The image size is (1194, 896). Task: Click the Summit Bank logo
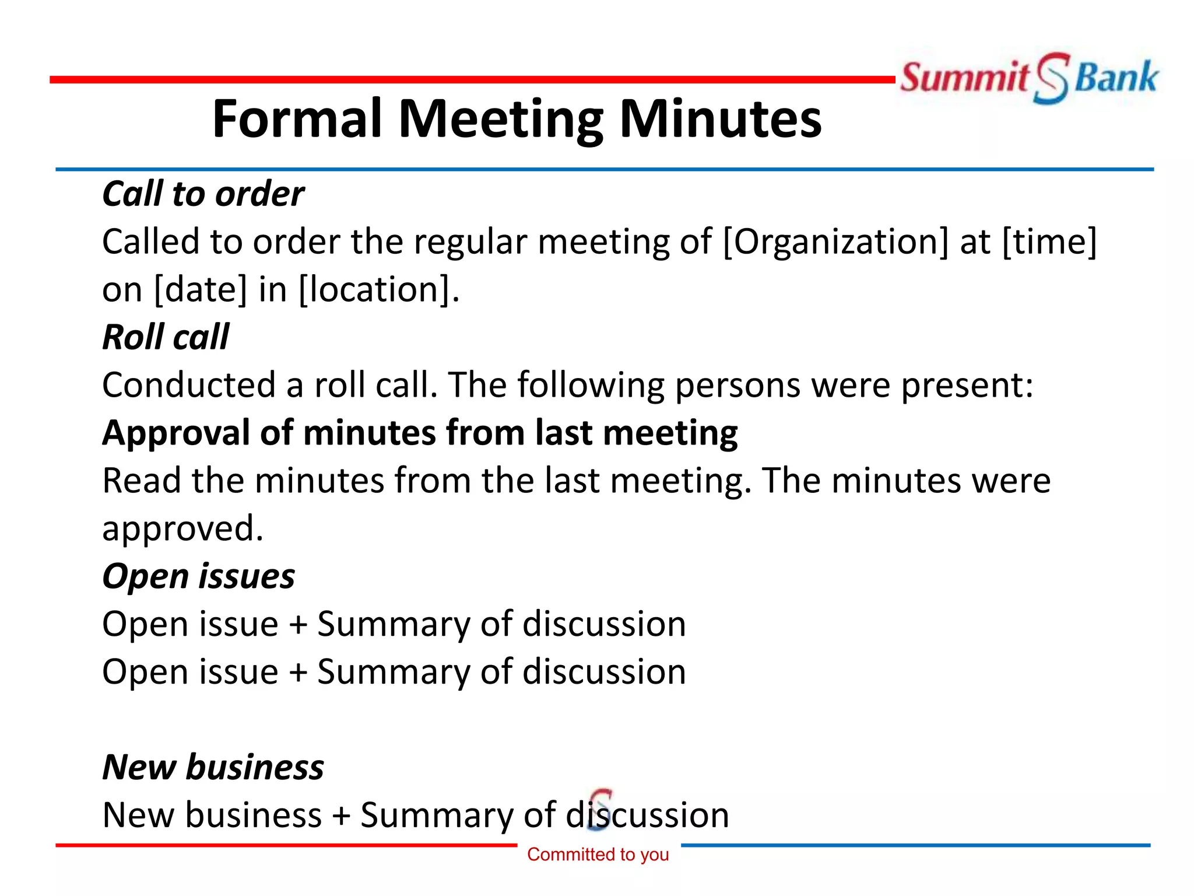[x=1029, y=78]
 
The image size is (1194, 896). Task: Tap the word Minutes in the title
[x=720, y=119]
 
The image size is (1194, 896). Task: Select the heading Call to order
[x=203, y=194]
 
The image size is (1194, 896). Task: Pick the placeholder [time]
[x=1049, y=242]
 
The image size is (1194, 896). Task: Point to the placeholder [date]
[x=201, y=289]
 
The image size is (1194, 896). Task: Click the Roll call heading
[x=166, y=337]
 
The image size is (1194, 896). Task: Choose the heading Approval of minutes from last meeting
[x=420, y=433]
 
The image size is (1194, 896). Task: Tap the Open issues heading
[x=198, y=576]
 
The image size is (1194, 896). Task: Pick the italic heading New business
[x=213, y=767]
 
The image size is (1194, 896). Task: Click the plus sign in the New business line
[x=341, y=816]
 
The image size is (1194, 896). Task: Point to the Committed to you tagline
[x=598, y=855]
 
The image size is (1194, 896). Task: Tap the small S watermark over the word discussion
[x=600, y=808]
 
